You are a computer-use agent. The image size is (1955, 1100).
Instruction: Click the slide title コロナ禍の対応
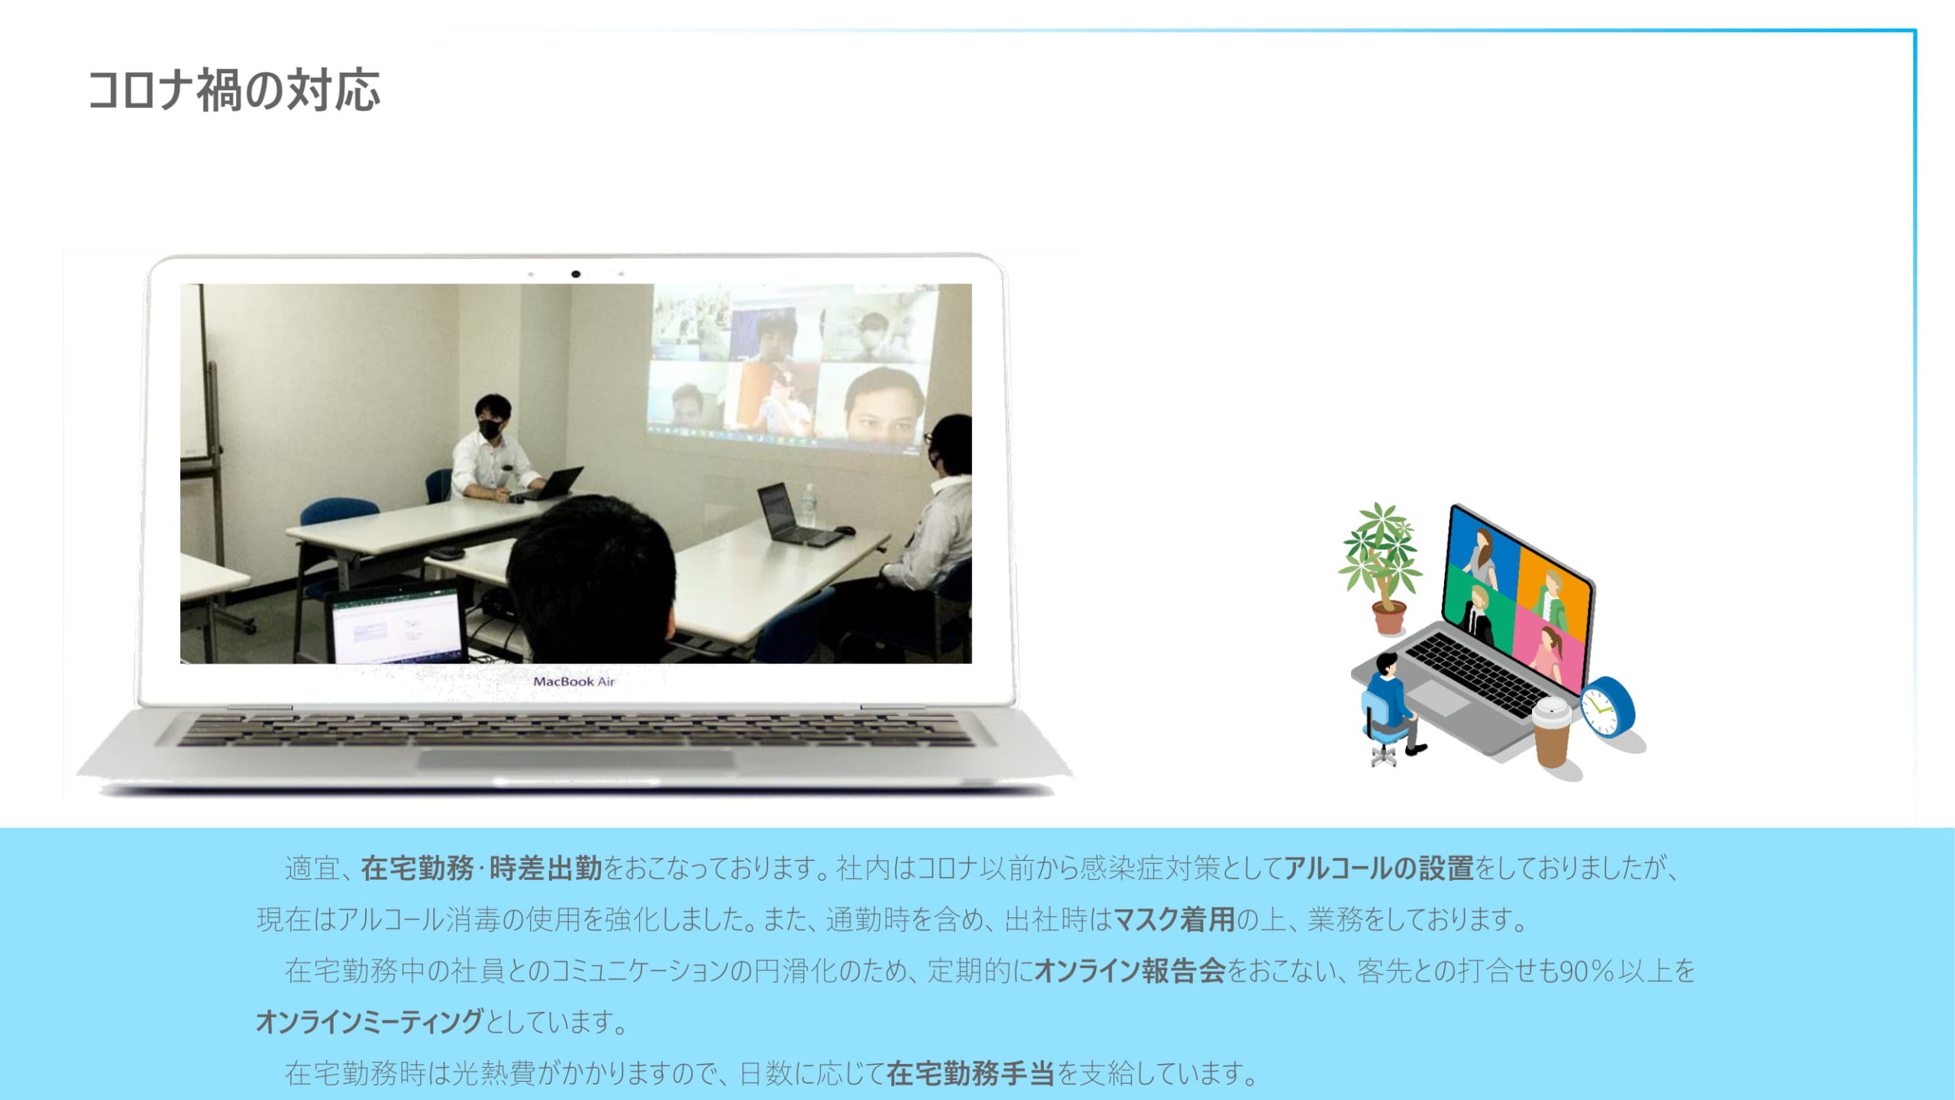pos(234,90)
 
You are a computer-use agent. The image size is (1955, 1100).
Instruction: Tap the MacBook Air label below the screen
pos(574,681)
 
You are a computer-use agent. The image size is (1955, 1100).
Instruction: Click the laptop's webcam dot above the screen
pos(576,274)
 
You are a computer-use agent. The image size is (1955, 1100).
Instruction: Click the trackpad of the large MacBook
pos(577,759)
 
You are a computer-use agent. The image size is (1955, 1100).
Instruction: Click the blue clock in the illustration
pos(1607,707)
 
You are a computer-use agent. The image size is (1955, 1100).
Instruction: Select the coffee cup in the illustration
pos(1552,731)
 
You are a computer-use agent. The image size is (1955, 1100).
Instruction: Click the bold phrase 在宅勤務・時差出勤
pos(481,869)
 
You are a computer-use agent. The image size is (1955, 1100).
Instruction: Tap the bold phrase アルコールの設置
pos(1378,869)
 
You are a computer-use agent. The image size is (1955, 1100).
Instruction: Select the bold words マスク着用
pos(1174,919)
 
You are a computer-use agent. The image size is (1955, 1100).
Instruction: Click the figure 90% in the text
pos(1587,971)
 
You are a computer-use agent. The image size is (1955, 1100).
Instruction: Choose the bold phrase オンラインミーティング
pos(370,1021)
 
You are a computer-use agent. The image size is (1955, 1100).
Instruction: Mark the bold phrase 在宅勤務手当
pos(970,1073)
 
